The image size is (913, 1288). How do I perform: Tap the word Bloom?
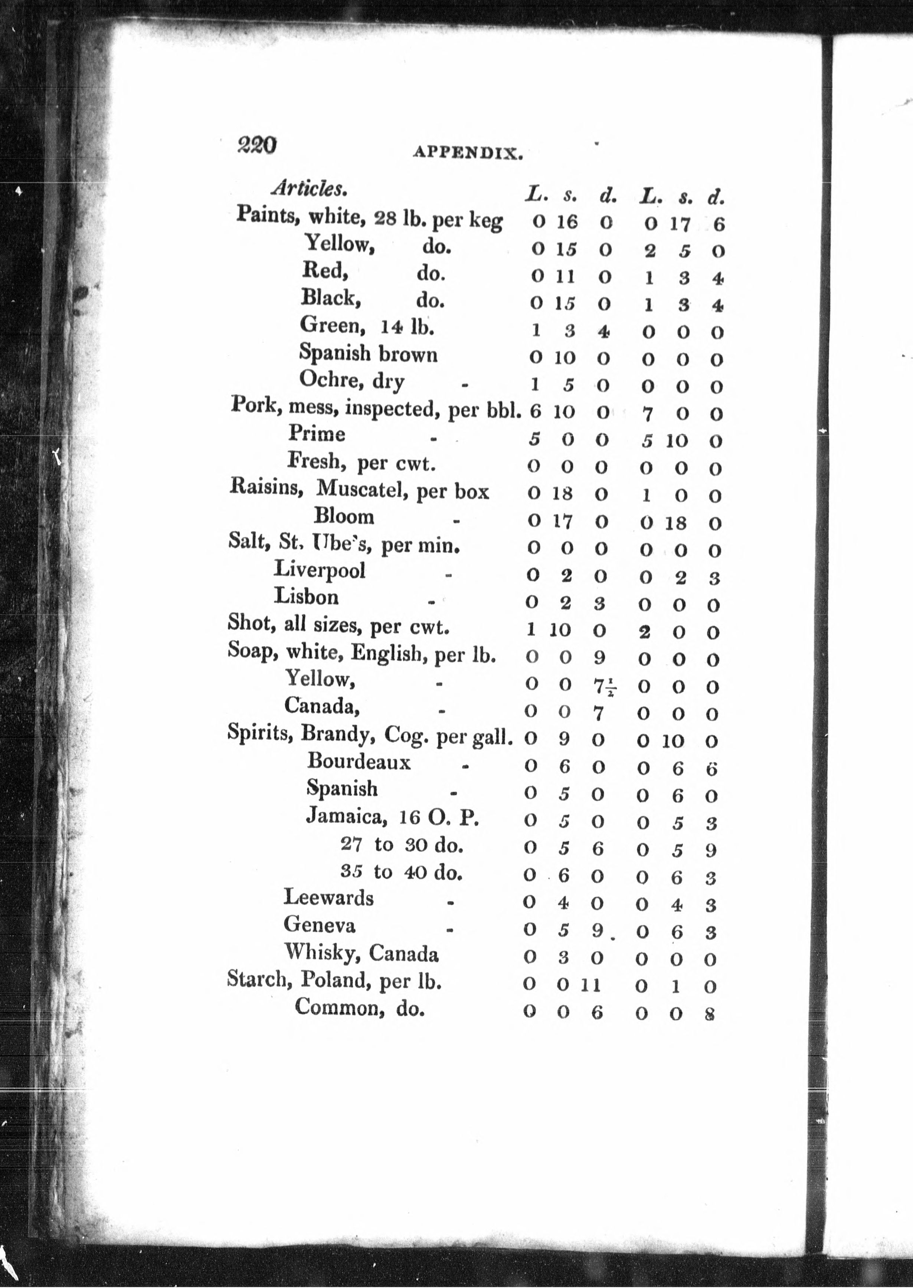pyautogui.click(x=344, y=516)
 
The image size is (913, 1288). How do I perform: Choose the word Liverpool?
pyautogui.click(x=319, y=569)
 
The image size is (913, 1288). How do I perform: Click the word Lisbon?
pyautogui.click(x=306, y=596)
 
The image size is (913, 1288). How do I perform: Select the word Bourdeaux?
pyautogui.click(x=359, y=762)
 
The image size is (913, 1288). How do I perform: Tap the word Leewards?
pyautogui.click(x=328, y=897)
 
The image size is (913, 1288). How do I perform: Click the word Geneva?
pyautogui.click(x=319, y=924)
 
